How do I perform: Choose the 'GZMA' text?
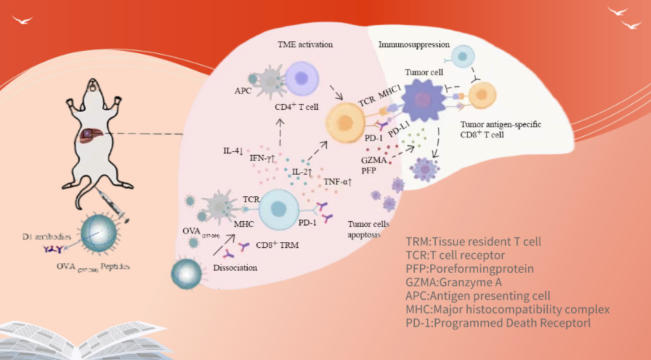pyautogui.click(x=372, y=161)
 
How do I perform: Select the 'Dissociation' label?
pyautogui.click(x=236, y=267)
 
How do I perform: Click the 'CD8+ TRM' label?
pyautogui.click(x=277, y=245)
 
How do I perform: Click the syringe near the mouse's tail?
pyautogui.click(x=111, y=202)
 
